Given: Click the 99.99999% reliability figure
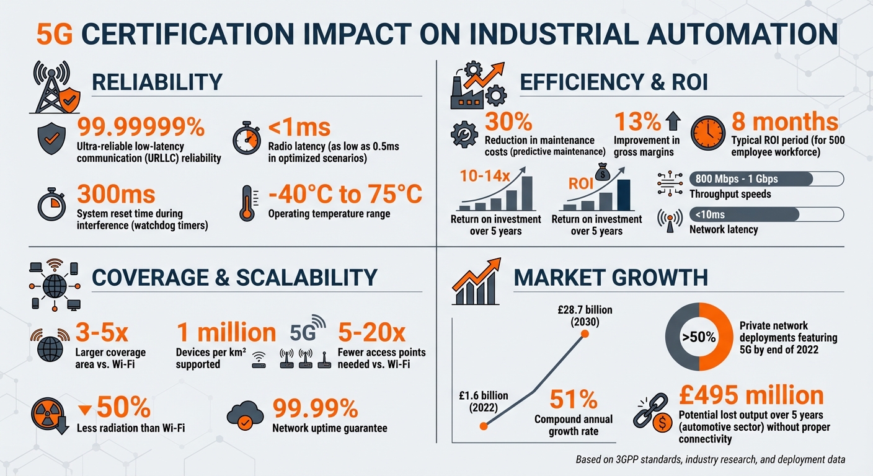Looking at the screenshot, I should coord(141,128).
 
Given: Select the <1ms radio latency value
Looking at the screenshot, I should coord(299,128).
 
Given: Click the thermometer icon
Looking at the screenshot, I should coord(248,203).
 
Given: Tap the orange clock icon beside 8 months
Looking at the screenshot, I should coord(707,133).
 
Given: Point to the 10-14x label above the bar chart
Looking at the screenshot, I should coord(485,175).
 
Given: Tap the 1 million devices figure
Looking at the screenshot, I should coord(226,333).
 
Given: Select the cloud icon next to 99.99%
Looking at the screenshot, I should coord(246,416).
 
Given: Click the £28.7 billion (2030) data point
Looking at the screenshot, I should coord(584,335).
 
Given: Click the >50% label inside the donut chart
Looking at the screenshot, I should coord(699,338).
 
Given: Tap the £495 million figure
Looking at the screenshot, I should coord(751,395).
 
